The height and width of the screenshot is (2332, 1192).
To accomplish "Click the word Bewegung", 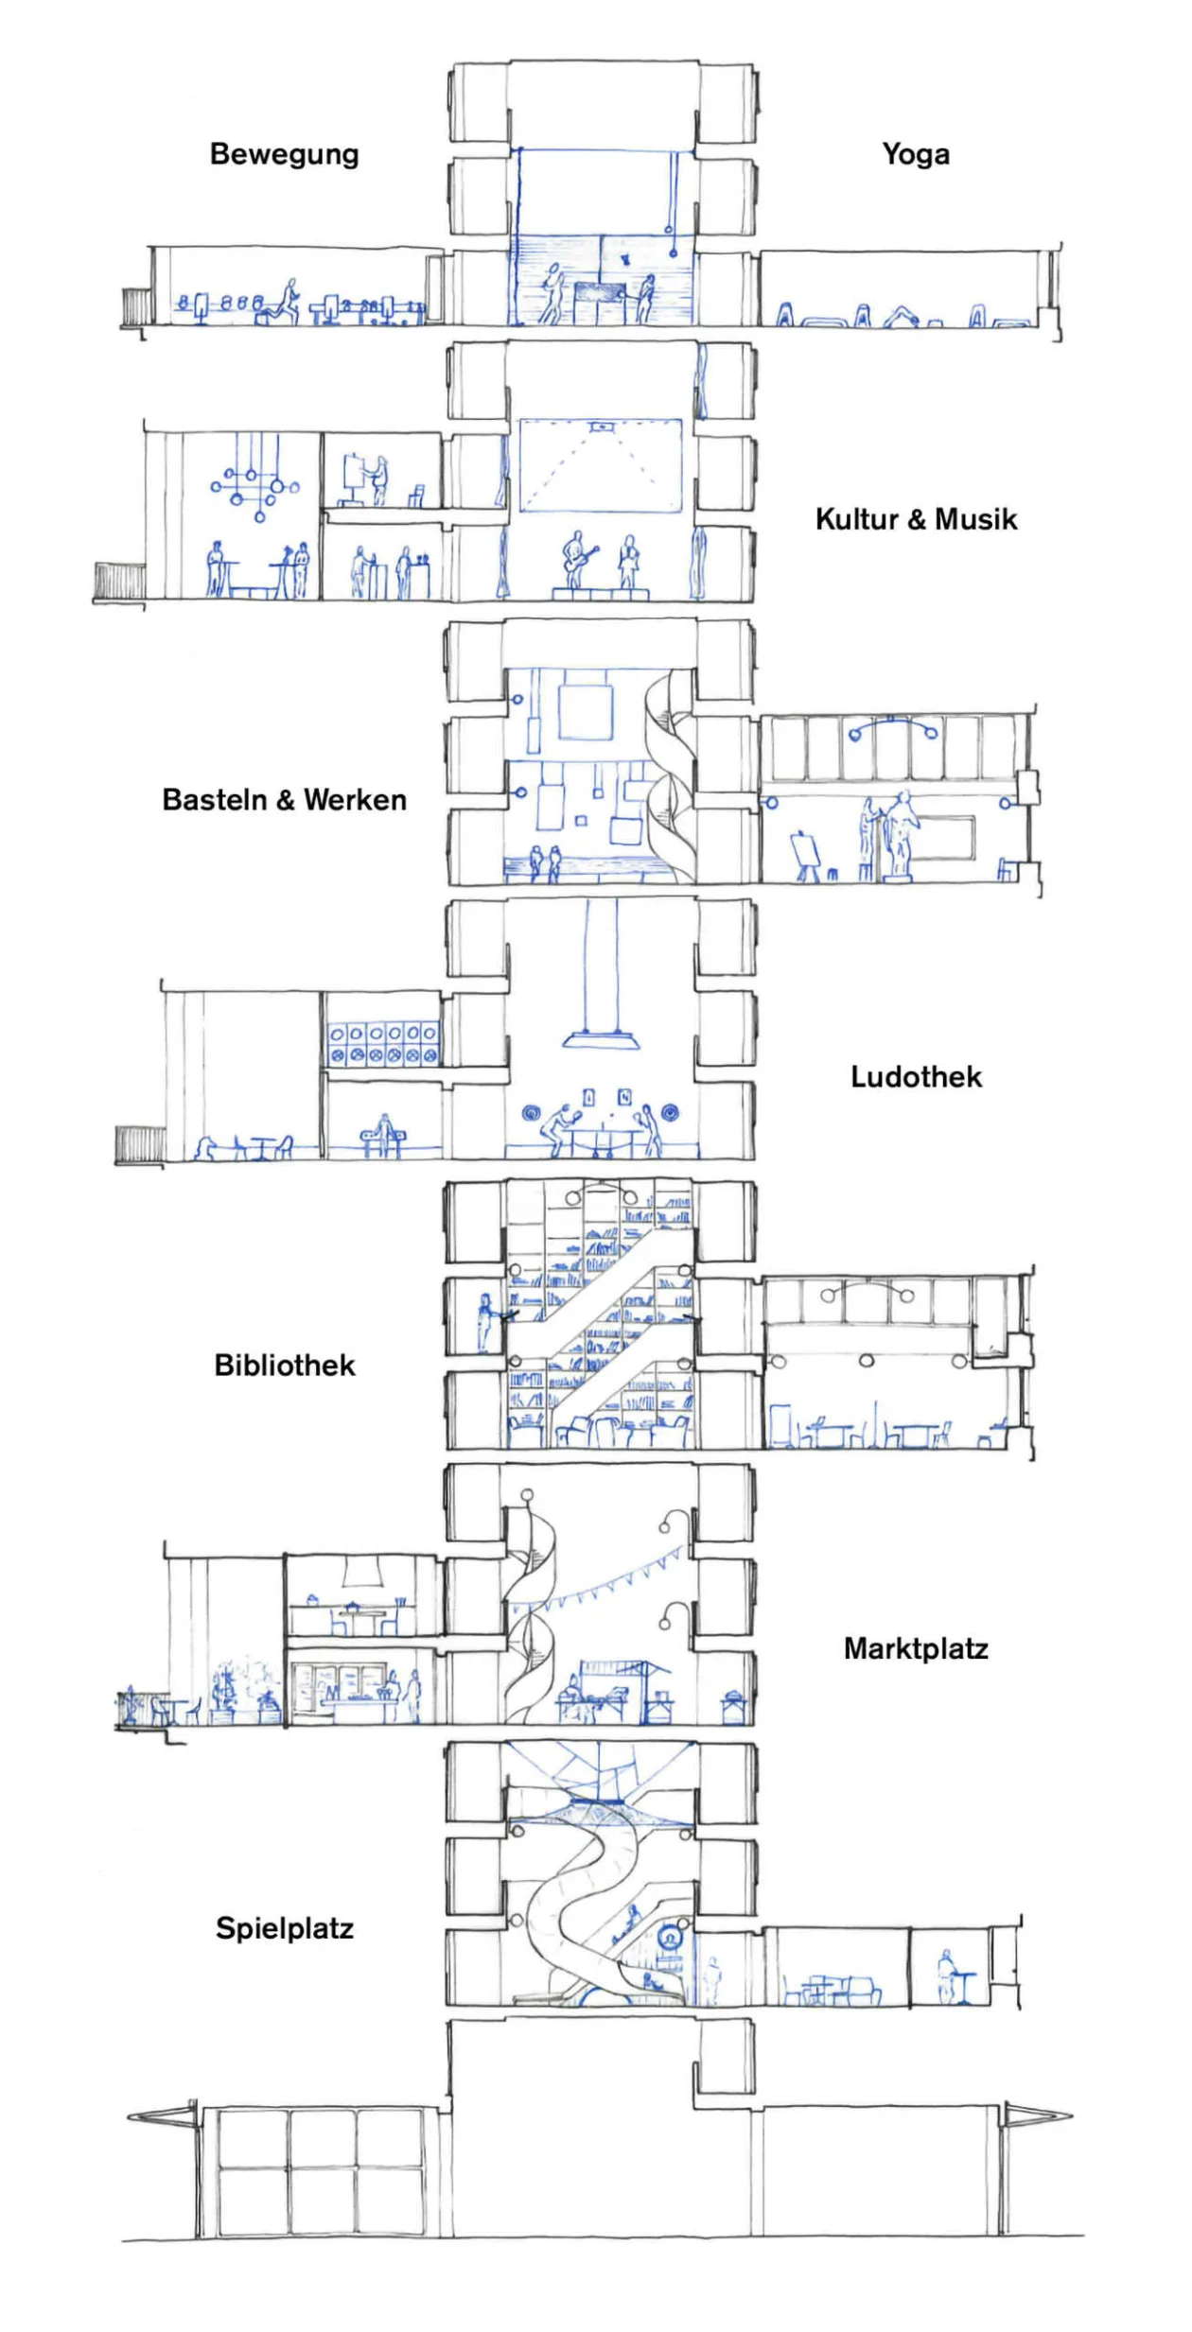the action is coord(284,154).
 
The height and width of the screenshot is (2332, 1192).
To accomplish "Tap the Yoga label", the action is coord(916,154).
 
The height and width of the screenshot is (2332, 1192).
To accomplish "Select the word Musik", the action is coord(976,519).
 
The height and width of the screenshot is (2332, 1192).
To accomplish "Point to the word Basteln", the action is coord(215,800).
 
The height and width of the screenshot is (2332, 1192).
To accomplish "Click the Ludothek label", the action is coord(916,1077).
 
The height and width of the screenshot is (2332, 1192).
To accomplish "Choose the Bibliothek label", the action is coord(285,1366).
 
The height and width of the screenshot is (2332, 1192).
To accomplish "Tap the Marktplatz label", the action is coord(916,1649).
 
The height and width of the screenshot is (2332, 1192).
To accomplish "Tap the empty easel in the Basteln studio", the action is coord(805,856).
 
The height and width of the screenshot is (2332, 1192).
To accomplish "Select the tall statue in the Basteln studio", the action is coord(900,834).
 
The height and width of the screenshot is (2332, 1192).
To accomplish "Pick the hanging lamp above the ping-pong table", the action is coord(601,1038).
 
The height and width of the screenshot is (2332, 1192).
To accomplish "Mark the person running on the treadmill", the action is coord(284,302).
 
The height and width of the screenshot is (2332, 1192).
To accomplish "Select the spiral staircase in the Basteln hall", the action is coord(670,775).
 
